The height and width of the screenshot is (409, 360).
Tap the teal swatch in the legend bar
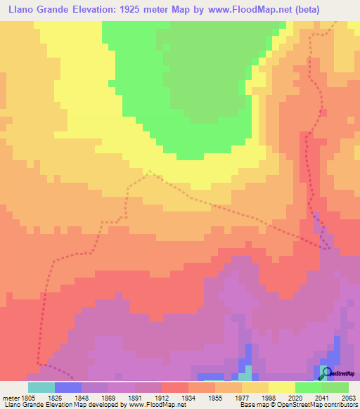pos(41,387)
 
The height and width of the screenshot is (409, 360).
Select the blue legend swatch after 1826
pos(68,387)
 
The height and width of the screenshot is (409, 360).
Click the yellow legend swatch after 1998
pos(282,387)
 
